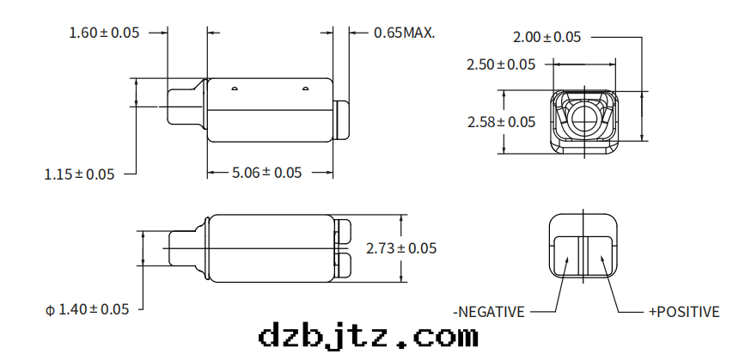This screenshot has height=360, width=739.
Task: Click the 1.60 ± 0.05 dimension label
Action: coord(104,33)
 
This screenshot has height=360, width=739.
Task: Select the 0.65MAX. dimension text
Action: coord(404,33)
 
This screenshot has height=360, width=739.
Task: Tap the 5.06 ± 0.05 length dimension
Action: coord(266,173)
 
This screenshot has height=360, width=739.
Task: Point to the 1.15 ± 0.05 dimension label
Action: coord(79,174)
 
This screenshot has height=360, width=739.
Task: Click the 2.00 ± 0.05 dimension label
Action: coord(547,37)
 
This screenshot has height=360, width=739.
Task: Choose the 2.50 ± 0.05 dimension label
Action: coord(501,64)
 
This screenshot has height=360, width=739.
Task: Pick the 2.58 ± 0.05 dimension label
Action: coord(502,122)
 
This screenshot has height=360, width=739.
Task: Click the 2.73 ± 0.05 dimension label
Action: coord(401,247)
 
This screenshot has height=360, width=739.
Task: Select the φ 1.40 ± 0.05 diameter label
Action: coord(87,309)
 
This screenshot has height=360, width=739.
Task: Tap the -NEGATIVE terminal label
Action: coord(489,312)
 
